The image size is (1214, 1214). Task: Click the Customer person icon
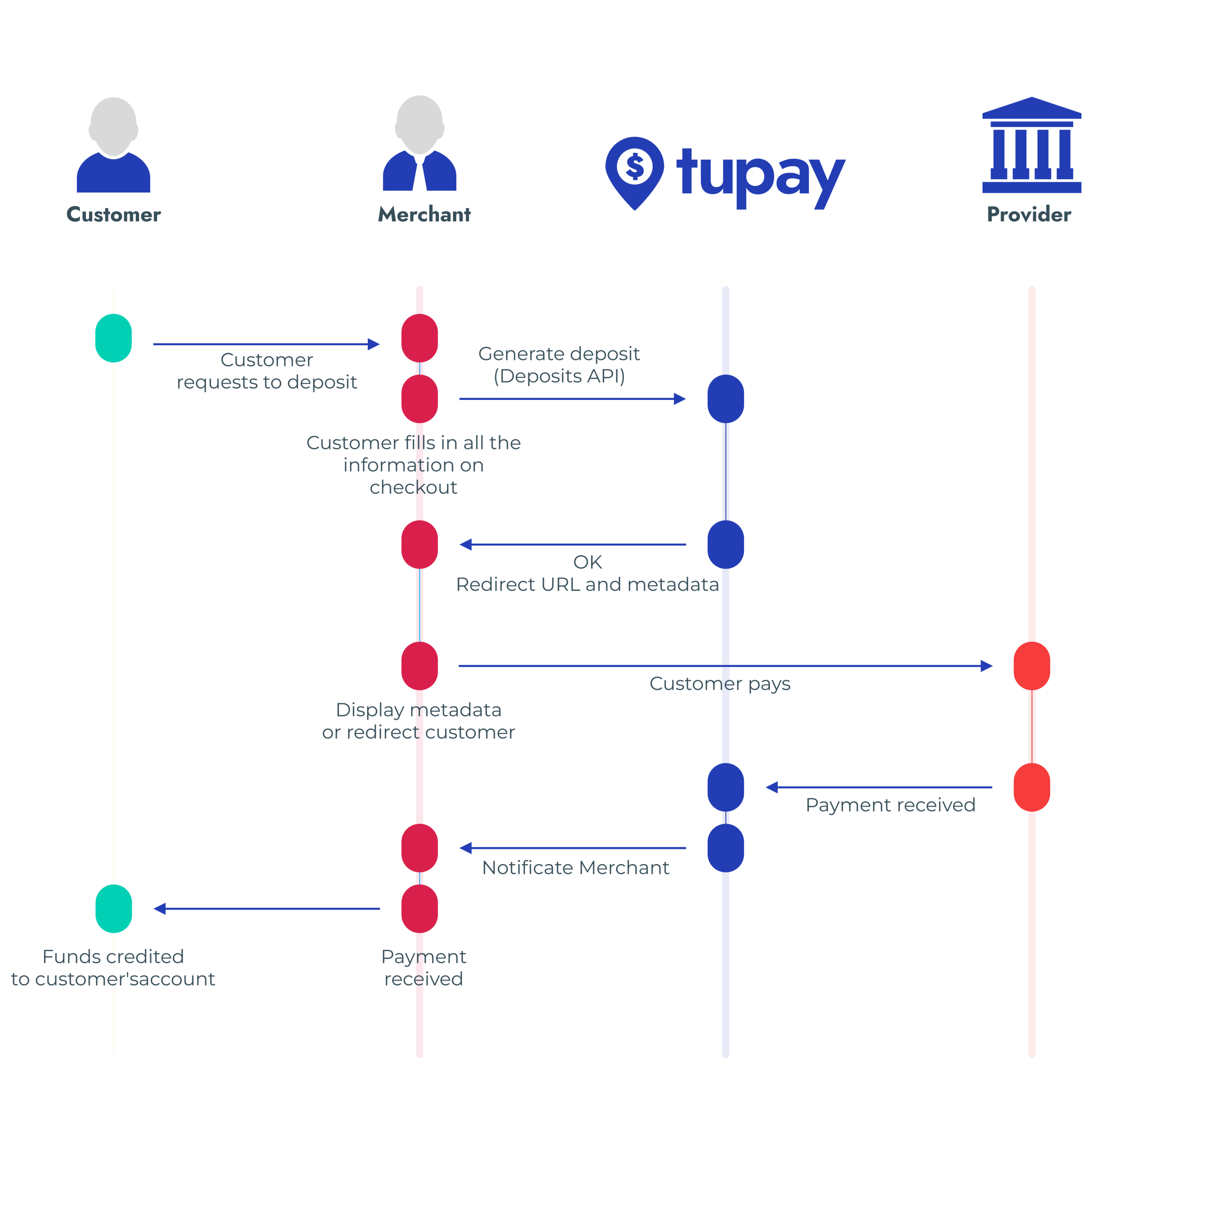113,144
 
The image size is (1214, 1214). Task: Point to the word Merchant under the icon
424,215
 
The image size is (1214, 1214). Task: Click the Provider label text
1029,215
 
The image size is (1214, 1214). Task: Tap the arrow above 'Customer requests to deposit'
267,345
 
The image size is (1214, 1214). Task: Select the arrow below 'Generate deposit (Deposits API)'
572,398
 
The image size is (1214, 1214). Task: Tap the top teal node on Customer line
113,339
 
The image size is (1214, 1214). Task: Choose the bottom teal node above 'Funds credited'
114,908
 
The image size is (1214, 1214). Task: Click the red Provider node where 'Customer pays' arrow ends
1031,666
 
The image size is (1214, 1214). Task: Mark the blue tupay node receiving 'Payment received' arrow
725,787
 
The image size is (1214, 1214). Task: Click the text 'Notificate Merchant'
575,868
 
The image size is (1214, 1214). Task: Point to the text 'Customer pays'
719,683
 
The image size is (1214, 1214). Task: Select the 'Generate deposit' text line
559,354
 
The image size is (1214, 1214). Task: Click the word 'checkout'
414,487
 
